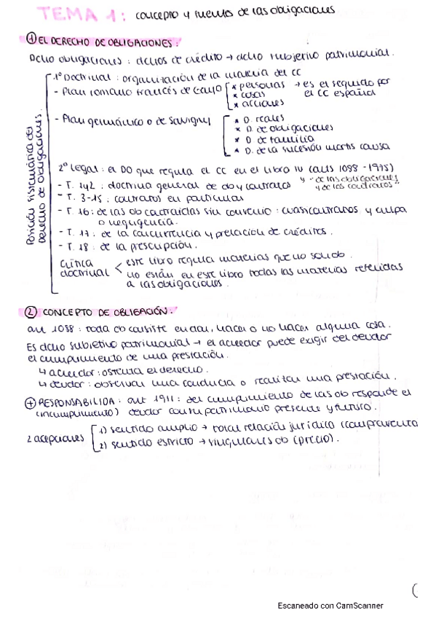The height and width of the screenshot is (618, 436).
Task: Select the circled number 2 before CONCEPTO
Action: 31,312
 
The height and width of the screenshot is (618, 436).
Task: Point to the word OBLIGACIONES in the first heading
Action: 142,42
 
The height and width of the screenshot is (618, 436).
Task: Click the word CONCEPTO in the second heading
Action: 71,312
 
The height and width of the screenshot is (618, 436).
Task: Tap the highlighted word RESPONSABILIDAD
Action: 76,402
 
